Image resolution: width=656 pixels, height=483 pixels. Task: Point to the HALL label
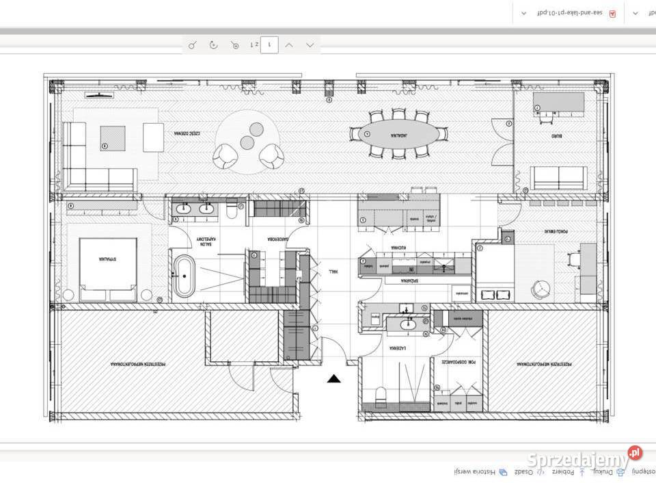333,272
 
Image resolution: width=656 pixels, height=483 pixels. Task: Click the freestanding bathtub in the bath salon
184,276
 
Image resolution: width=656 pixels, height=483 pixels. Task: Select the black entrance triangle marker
333,378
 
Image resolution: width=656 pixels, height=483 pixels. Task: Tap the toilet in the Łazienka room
381,395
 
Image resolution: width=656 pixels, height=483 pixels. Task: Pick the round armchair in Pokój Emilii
541,289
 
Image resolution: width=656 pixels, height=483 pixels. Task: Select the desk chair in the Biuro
545,118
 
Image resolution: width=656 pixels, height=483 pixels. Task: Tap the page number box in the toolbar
270,44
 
